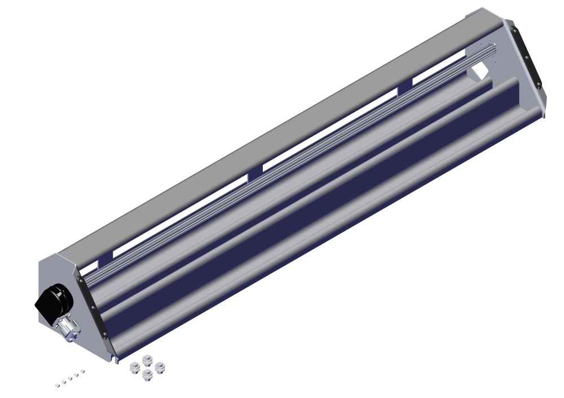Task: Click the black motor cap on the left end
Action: point(54,298)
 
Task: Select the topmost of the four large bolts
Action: point(147,360)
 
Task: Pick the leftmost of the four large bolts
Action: point(134,368)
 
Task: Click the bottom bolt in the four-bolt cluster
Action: point(148,374)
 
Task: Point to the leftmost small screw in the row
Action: point(58,385)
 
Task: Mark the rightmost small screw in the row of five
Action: point(82,372)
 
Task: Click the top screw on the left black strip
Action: point(81,280)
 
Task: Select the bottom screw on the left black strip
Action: point(105,335)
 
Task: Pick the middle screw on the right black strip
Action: point(527,56)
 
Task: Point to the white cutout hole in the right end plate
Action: point(480,71)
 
